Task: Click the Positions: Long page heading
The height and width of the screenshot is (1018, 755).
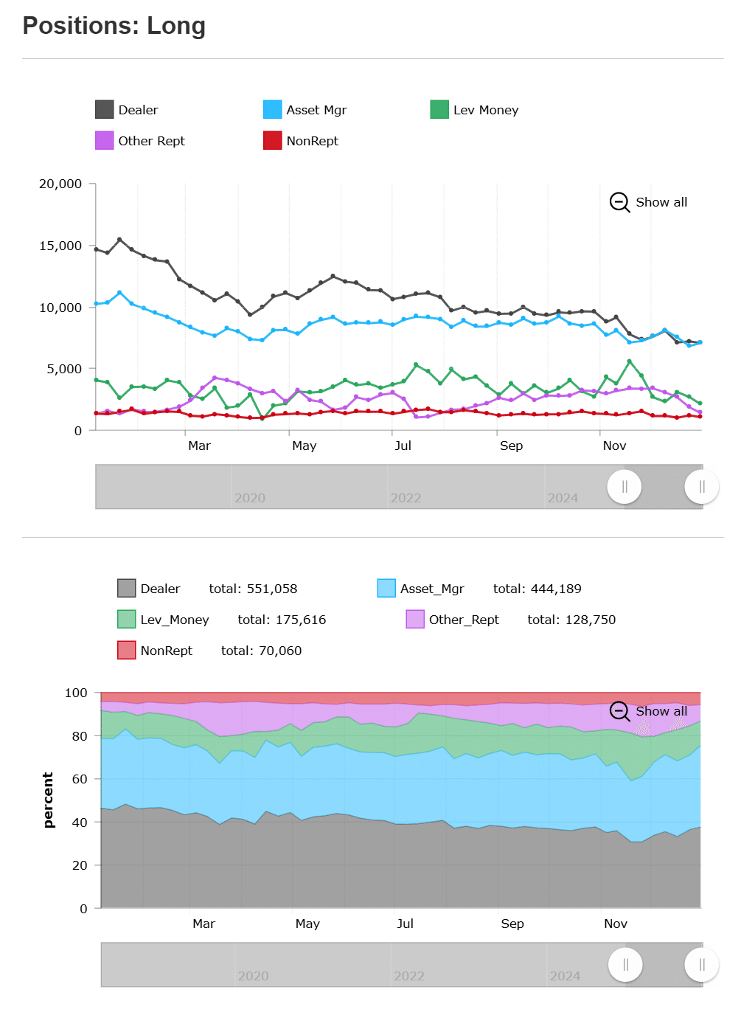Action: [114, 26]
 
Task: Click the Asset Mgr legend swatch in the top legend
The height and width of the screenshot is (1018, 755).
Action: [273, 110]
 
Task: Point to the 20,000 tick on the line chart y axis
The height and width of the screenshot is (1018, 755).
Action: [60, 184]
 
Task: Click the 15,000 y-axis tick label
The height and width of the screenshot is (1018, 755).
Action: [60, 246]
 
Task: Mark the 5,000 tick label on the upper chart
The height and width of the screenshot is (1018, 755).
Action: [64, 369]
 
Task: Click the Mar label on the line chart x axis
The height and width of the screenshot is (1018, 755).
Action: [199, 446]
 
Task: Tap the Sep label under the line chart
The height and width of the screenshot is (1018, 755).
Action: [511, 446]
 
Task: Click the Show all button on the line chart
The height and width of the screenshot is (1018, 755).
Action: [649, 202]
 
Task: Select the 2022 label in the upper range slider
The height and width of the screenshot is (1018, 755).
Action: [406, 498]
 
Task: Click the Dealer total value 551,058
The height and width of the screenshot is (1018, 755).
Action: [253, 589]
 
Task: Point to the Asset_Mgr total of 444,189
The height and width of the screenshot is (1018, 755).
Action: [537, 589]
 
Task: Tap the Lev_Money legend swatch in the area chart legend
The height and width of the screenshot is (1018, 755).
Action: [127, 620]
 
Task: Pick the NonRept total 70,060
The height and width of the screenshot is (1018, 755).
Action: [261, 651]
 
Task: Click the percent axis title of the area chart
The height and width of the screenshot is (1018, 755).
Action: [49, 800]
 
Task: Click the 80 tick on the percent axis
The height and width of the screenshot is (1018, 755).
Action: [80, 736]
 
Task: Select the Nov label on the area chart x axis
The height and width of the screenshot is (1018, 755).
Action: [616, 924]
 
